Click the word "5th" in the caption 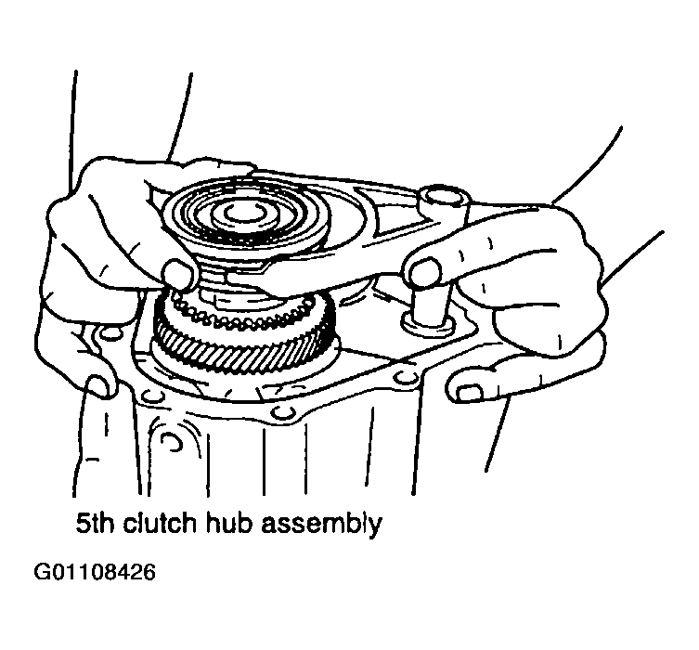(94, 523)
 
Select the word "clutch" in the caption (159, 523)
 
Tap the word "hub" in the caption (228, 523)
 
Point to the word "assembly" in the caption (321, 526)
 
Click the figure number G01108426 (95, 572)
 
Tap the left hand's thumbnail (180, 273)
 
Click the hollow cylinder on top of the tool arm (445, 201)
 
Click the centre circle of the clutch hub (241, 214)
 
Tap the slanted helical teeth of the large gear (243, 340)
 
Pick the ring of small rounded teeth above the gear (243, 313)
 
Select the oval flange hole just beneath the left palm (110, 332)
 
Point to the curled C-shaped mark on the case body (173, 442)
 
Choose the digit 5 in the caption (83, 524)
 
